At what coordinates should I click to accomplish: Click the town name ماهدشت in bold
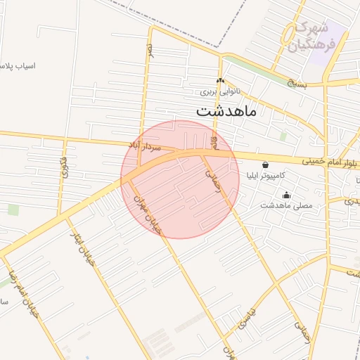click(x=226, y=110)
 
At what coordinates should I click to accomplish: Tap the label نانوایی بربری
click(x=220, y=91)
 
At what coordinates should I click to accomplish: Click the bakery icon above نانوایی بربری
click(x=220, y=81)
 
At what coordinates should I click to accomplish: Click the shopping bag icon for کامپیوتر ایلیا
click(x=265, y=165)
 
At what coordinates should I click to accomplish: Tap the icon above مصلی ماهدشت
click(x=285, y=195)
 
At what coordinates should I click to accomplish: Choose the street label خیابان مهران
click(x=148, y=210)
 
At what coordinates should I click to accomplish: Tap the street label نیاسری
click(x=247, y=322)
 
